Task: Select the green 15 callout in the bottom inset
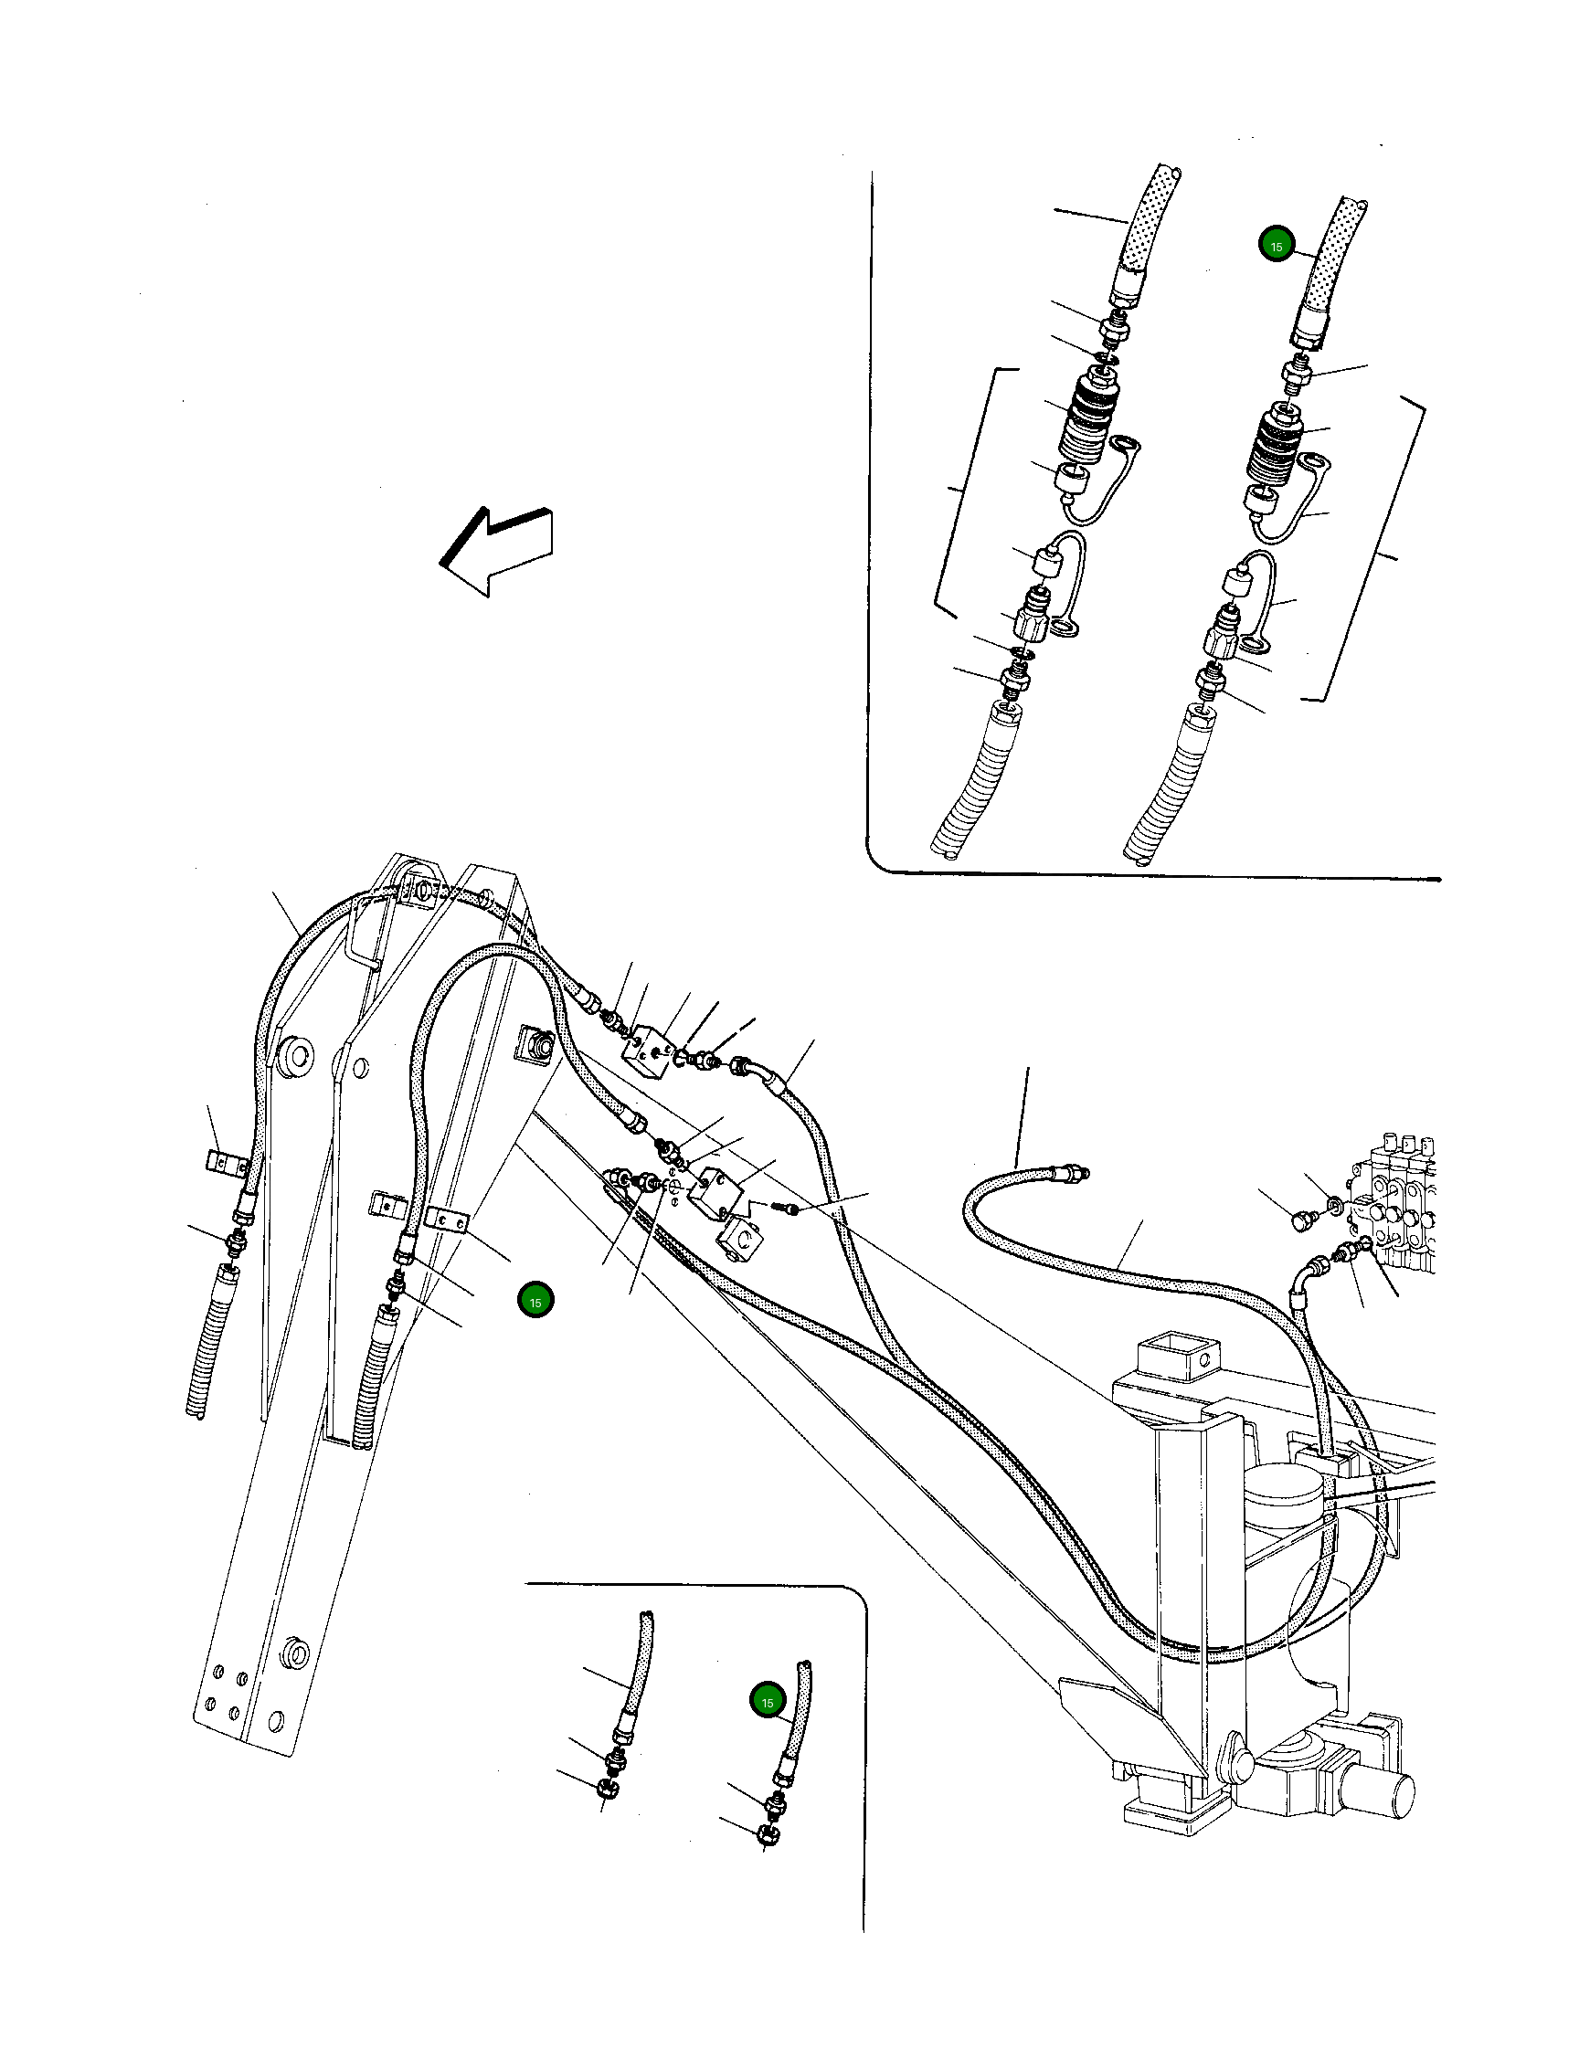coord(767,1702)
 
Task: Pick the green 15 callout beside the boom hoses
coord(535,1303)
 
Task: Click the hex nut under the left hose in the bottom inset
coord(607,1788)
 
